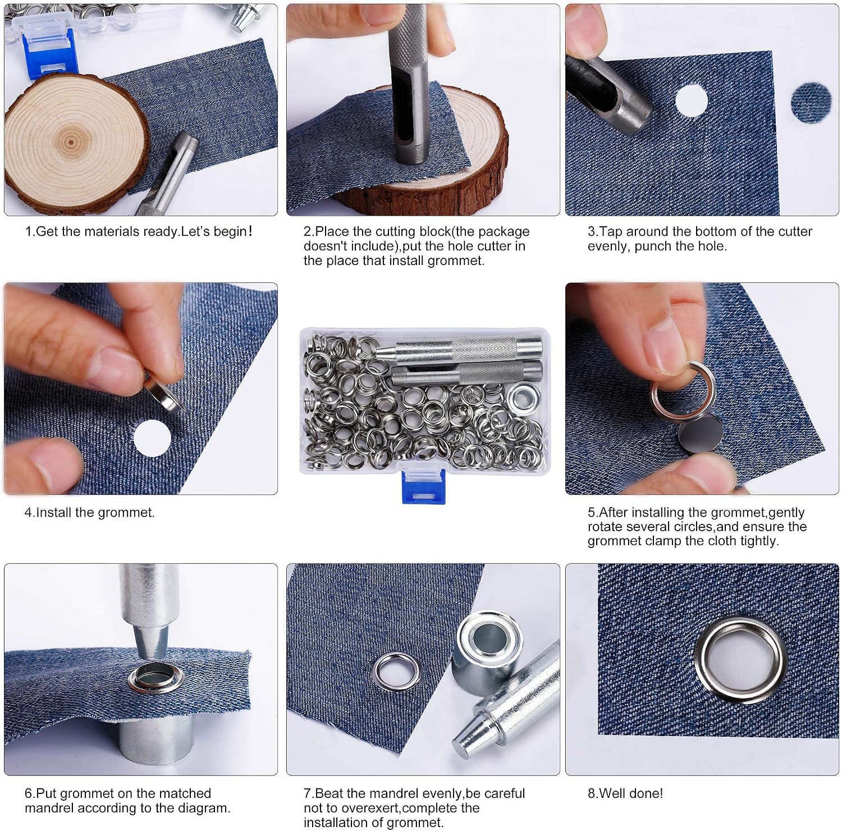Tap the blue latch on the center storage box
click(x=424, y=486)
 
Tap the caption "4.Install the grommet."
click(x=89, y=512)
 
